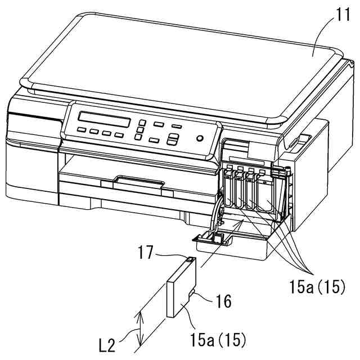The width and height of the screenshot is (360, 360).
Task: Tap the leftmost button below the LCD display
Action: pyautogui.click(x=82, y=129)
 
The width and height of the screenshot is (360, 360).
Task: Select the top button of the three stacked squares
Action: pyautogui.click(x=143, y=123)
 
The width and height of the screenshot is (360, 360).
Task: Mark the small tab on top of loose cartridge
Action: pyautogui.click(x=190, y=259)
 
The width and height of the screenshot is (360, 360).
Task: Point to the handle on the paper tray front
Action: pyautogui.click(x=138, y=181)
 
